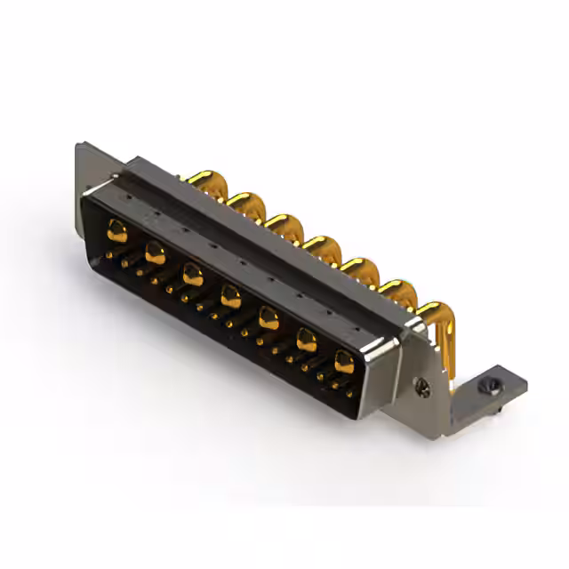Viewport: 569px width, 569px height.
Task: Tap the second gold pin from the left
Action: tap(155, 252)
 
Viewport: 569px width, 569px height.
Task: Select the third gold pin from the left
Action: tap(193, 274)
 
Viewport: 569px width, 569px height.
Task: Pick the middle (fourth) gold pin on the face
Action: tap(231, 295)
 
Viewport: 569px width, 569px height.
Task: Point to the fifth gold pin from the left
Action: tap(268, 317)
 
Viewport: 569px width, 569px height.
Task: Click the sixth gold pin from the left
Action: tap(307, 339)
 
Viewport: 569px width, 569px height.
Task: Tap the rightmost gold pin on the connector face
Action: tap(344, 360)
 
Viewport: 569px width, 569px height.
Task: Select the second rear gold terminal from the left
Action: tap(246, 203)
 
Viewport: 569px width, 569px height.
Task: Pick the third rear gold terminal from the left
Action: tap(284, 224)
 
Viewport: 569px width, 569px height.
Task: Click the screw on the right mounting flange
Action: tap(423, 388)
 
